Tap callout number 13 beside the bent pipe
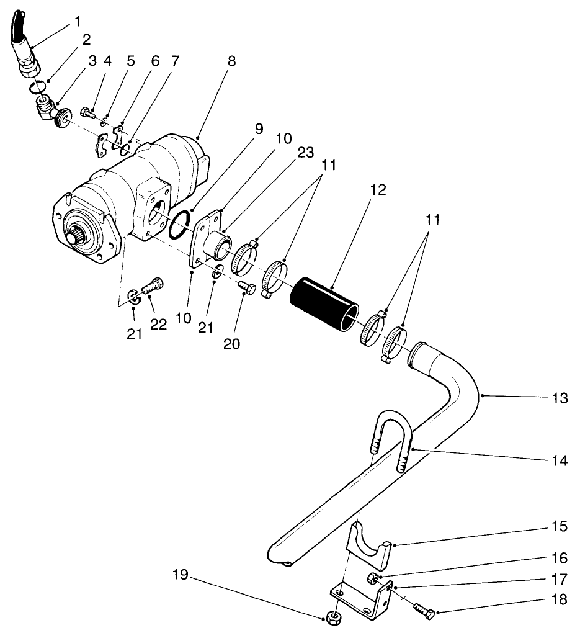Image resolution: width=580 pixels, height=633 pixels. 560,398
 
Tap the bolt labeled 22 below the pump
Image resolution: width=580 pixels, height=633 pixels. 151,288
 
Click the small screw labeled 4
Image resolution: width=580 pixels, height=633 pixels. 87,113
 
